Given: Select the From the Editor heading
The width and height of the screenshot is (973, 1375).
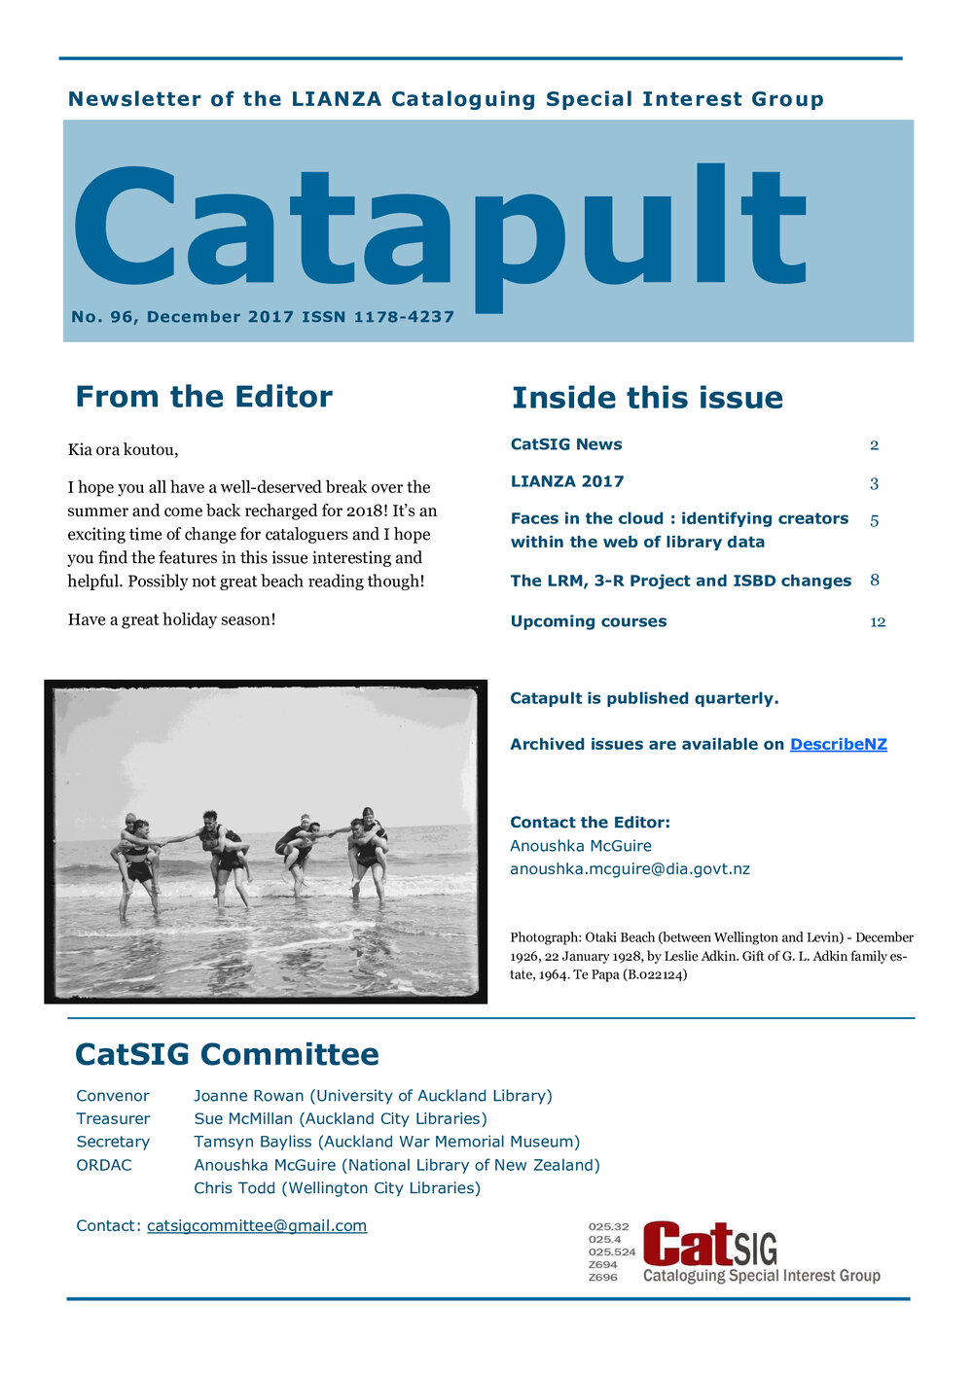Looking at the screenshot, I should tap(203, 397).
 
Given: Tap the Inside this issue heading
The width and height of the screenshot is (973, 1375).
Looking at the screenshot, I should tap(647, 398).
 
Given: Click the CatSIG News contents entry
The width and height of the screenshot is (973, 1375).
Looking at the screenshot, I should tap(566, 444).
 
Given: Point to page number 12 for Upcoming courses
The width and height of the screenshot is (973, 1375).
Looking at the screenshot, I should tap(878, 622).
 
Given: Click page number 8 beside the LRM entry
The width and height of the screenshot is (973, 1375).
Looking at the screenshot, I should tap(875, 581).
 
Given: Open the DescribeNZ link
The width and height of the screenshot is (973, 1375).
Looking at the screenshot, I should tap(838, 744).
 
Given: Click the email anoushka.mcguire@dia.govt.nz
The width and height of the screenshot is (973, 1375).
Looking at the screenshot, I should tap(630, 869).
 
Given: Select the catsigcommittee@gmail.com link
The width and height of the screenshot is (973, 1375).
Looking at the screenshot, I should tap(257, 1225).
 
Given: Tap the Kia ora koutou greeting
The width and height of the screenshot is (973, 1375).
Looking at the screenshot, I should tap(124, 450).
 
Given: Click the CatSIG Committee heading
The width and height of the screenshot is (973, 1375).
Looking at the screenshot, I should tap(227, 1054).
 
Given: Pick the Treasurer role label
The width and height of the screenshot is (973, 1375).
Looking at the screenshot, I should tap(113, 1118).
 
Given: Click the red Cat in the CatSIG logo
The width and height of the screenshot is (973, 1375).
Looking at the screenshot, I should tap(687, 1245).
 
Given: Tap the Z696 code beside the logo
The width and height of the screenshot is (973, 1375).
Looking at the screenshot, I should tap(602, 1277).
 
